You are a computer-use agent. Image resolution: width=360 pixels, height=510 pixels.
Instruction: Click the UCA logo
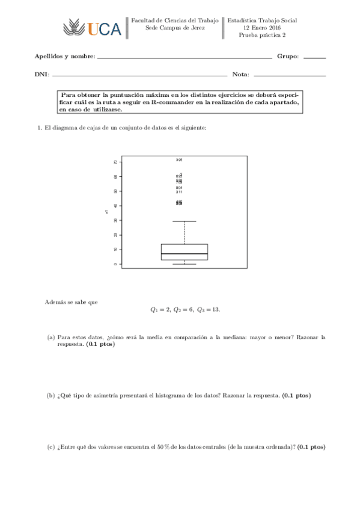coord(91,28)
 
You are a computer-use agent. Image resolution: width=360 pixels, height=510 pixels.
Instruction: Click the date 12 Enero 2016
coord(262,28)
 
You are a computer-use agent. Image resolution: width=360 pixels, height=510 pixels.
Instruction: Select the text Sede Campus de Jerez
coord(175,28)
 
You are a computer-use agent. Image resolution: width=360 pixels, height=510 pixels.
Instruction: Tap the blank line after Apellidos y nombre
coord(184,58)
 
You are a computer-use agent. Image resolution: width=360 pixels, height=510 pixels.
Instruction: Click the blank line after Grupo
coord(314,58)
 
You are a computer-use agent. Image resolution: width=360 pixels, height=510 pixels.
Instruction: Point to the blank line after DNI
coord(139,76)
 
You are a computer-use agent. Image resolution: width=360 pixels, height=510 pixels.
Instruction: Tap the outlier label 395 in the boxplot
coord(179,160)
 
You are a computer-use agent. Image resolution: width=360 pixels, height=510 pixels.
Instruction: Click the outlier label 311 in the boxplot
coord(179,192)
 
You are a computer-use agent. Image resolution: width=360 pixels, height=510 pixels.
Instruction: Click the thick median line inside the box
coord(184,254)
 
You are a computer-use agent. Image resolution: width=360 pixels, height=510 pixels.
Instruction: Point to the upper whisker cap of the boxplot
coord(184,221)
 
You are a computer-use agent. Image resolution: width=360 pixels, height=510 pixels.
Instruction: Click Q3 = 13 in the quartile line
coord(209,310)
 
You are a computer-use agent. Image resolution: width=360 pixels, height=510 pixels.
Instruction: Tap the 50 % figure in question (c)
coord(164,447)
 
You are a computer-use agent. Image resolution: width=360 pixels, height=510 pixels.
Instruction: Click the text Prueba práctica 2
coord(262,35)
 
